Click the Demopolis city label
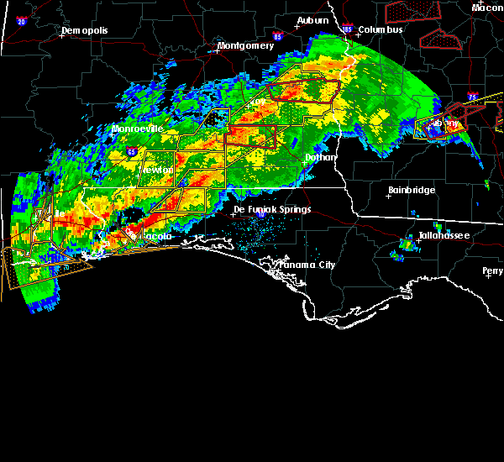coord(87,31)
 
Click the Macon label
coord(487,8)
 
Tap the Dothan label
coord(319,156)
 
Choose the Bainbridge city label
coord(414,191)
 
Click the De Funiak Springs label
coord(271,209)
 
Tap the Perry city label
coord(493,270)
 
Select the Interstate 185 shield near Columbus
coord(348,29)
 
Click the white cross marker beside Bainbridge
coord(389,194)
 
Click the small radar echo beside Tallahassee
coord(407,244)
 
